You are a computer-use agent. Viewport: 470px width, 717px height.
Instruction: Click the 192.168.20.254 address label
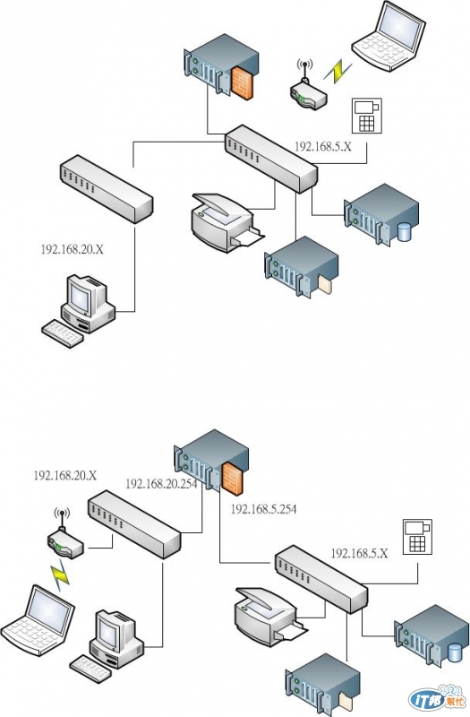[161, 484]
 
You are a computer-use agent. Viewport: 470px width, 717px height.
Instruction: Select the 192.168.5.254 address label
[263, 509]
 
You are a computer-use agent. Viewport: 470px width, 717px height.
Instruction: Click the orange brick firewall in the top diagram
[242, 82]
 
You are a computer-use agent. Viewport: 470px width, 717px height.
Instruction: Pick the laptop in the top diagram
[389, 36]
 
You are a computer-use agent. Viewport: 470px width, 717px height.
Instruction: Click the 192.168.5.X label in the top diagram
[323, 146]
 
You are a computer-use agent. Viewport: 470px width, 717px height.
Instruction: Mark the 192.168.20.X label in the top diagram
[73, 250]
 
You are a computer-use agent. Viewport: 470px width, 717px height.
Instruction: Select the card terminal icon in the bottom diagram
[417, 537]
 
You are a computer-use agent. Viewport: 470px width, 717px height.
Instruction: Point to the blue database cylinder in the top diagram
[404, 232]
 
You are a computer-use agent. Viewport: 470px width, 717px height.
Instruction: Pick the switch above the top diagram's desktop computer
[107, 189]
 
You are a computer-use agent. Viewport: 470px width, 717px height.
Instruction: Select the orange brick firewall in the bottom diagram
[232, 479]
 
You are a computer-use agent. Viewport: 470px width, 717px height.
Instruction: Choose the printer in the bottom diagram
[270, 616]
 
